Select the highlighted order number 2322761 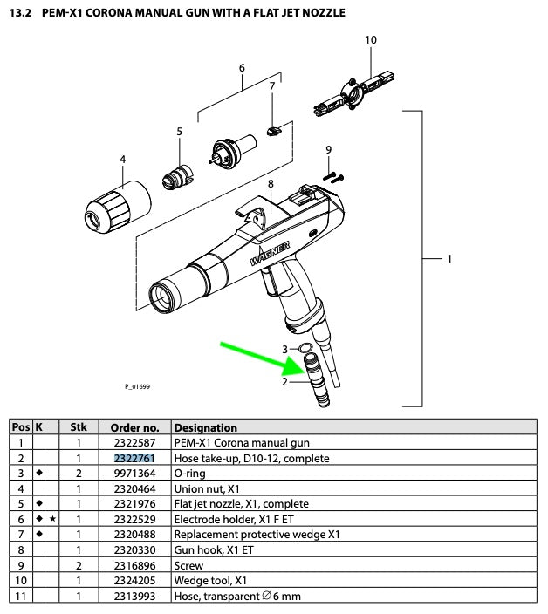[135, 458]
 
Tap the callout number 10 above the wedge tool [371, 40]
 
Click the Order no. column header [135, 427]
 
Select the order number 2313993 [135, 596]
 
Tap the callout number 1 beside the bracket [449, 259]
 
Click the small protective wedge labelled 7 [273, 130]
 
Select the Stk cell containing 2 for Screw [79, 565]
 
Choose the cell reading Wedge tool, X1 [209, 580]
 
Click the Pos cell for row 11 [20, 596]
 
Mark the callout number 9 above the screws [328, 150]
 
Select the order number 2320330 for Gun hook [135, 549]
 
